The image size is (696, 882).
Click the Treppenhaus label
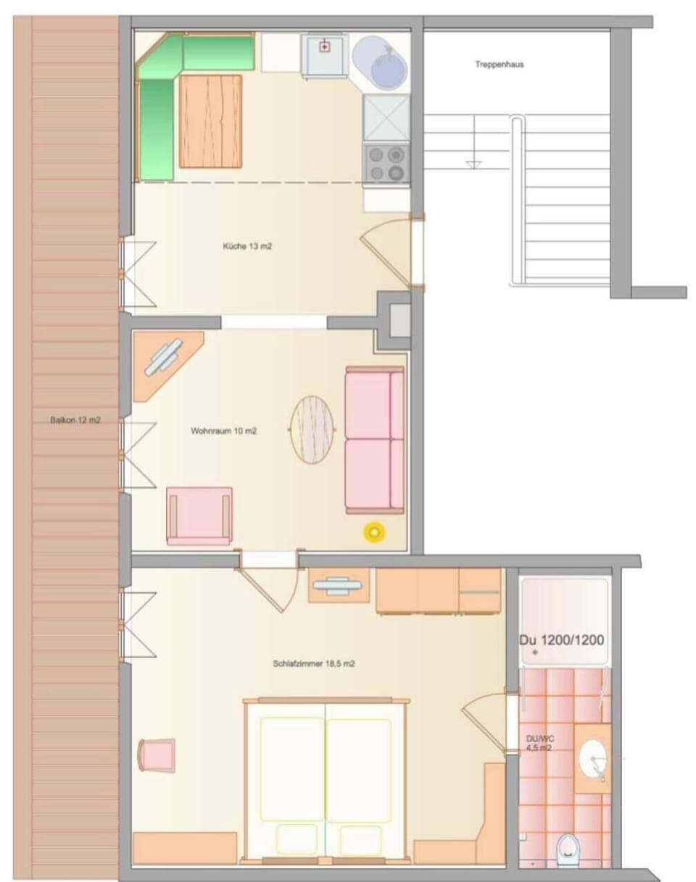coord(500,64)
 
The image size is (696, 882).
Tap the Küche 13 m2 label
coord(247,246)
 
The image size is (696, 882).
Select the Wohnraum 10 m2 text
coord(224,431)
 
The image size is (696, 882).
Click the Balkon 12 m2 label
coord(75,420)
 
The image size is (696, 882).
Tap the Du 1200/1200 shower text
coord(563,640)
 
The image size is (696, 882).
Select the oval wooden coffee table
coord(312,429)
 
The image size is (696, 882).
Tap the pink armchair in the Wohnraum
coord(199,515)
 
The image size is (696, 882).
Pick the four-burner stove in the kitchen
coord(386,163)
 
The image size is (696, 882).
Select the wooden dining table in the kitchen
coord(210,120)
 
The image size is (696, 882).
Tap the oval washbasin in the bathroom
coord(594,758)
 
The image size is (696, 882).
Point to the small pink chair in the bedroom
coord(157,755)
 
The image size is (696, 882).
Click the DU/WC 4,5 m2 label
coord(538,743)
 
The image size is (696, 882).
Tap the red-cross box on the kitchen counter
coord(324,47)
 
